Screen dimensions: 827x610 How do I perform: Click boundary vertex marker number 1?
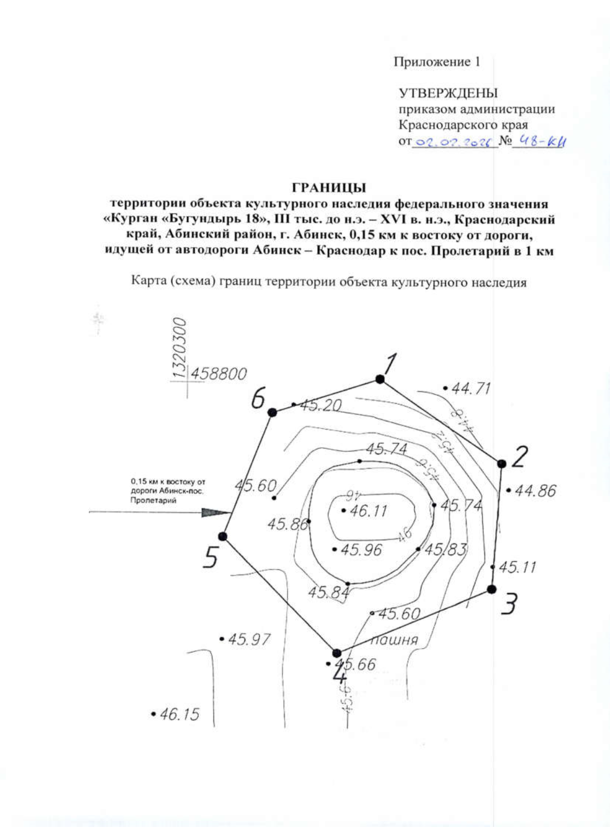point(379,379)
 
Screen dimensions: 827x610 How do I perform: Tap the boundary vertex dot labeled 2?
point(501,464)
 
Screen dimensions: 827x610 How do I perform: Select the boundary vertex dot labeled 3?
point(492,589)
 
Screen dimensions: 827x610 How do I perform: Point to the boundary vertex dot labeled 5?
point(223,536)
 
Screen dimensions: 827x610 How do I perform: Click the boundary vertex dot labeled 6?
point(272,412)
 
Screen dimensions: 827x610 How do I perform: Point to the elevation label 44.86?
point(535,491)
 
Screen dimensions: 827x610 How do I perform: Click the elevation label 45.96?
point(361,550)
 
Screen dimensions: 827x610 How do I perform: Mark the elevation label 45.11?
point(517,567)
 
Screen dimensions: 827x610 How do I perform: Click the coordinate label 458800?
point(219,374)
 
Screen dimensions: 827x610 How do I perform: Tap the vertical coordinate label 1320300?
point(179,348)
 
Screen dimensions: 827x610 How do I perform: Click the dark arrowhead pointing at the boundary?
point(216,512)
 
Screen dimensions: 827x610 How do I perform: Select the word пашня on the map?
point(394,639)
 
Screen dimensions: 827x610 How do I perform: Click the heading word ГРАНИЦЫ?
point(329,188)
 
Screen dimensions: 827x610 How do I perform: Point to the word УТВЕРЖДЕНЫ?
point(448,93)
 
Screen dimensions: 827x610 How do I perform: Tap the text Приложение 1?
point(437,62)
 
